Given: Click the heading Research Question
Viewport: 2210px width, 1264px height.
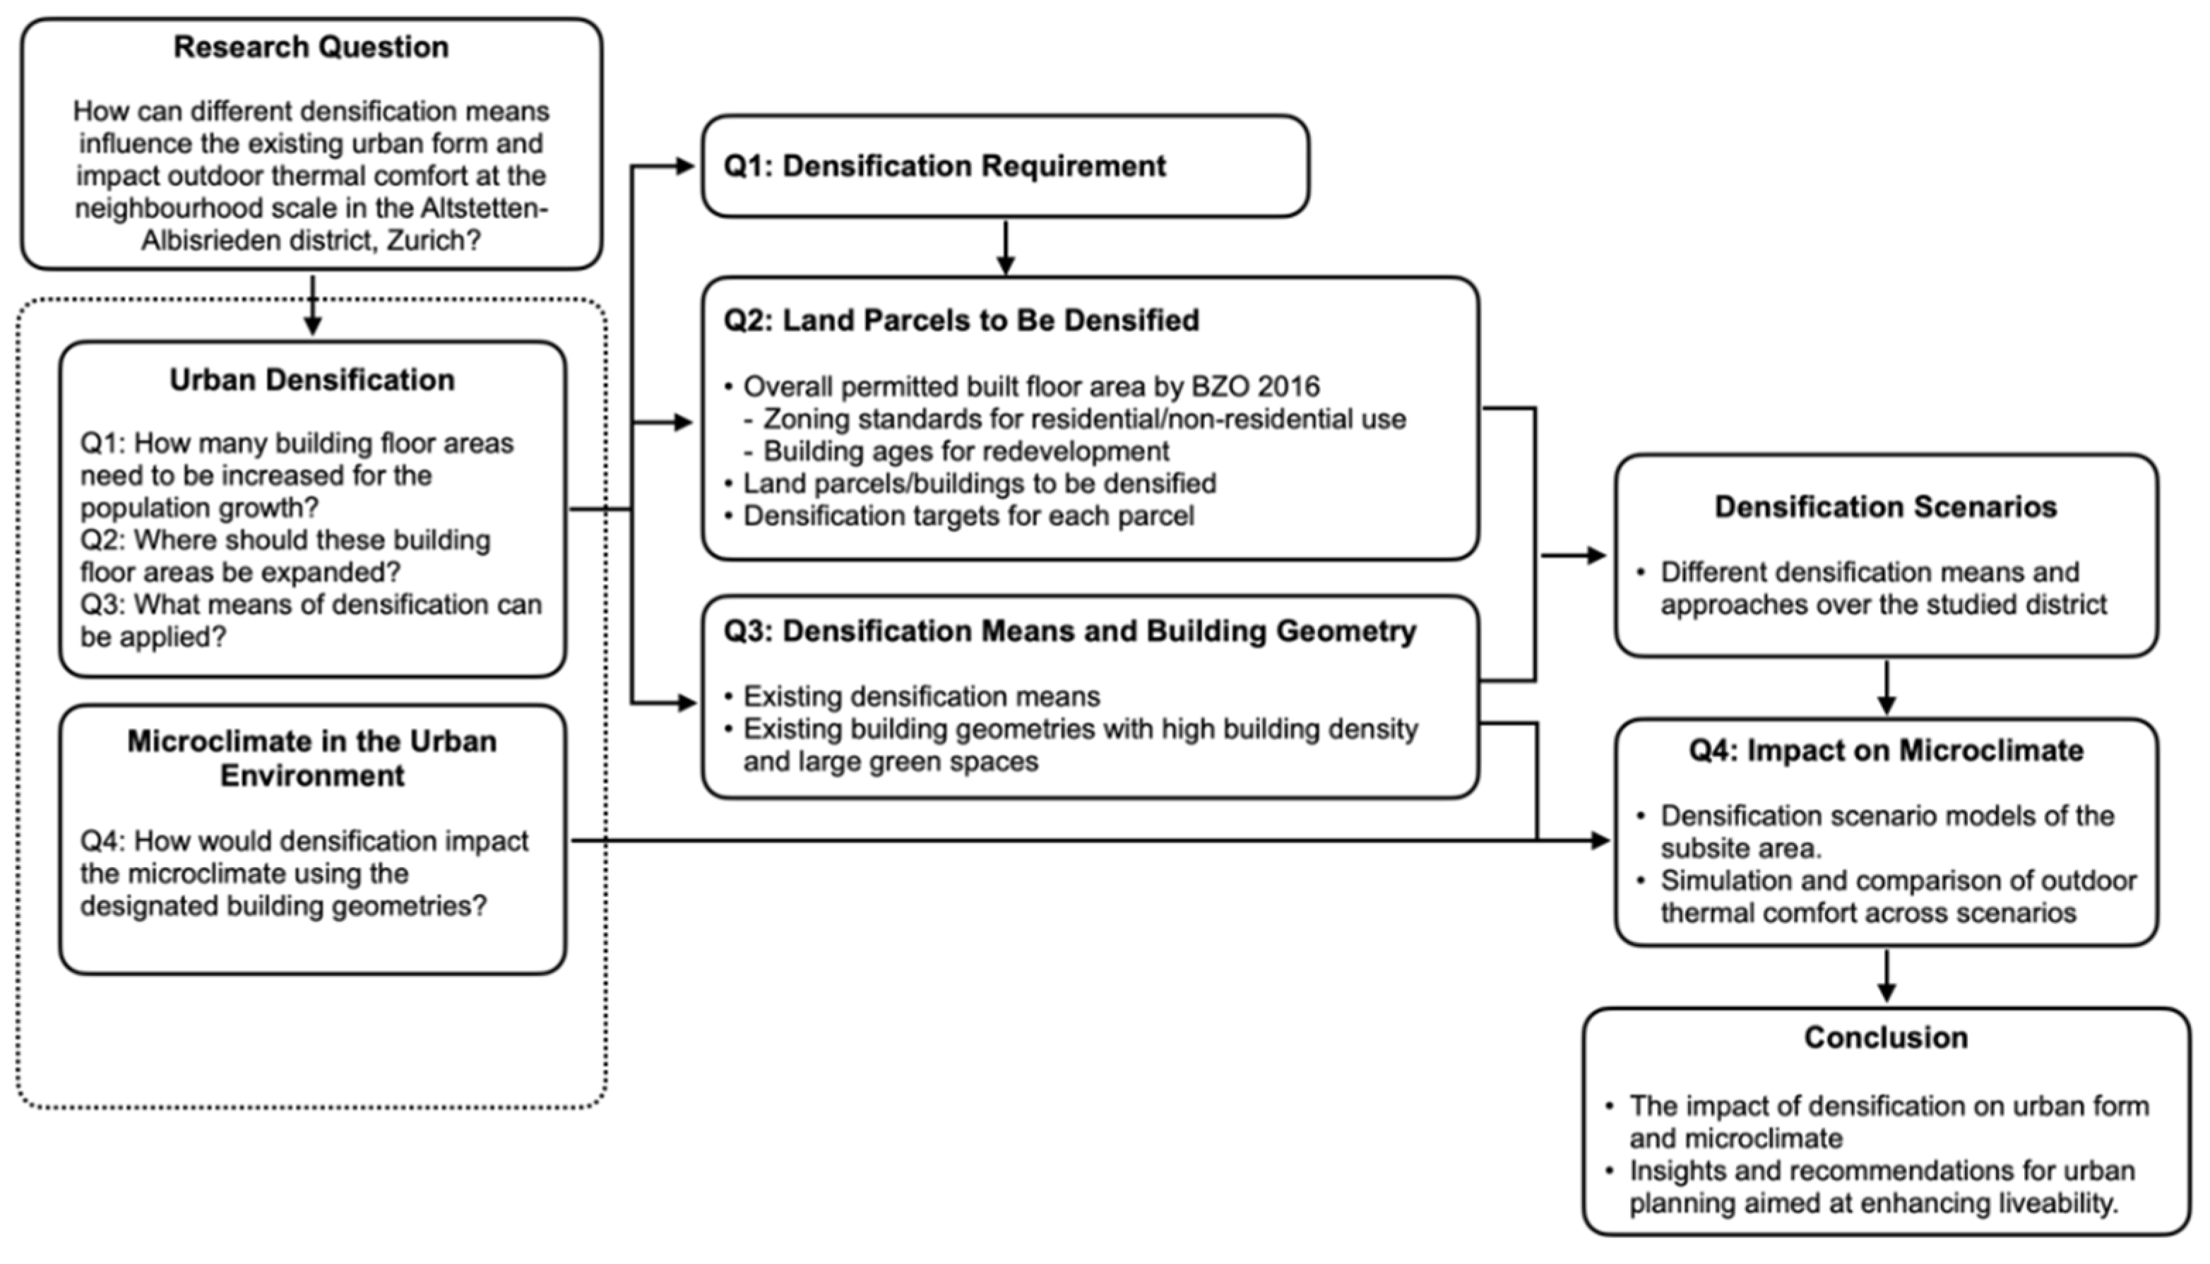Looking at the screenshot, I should pyautogui.click(x=311, y=47).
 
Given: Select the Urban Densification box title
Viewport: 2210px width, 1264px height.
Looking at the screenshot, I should pyautogui.click(x=311, y=379).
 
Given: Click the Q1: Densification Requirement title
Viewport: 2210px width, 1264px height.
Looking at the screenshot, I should pyautogui.click(x=944, y=166).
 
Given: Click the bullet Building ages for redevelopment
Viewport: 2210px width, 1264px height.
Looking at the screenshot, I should pyautogui.click(x=966, y=451).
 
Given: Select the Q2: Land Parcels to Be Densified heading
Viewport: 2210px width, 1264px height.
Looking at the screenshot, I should pyautogui.click(x=961, y=321).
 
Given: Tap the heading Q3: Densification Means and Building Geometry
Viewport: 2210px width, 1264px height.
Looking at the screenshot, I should pyautogui.click(x=1069, y=631).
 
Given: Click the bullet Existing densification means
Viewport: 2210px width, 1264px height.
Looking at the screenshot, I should pyautogui.click(x=921, y=696).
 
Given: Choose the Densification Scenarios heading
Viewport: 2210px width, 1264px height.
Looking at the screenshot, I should pyautogui.click(x=1885, y=507).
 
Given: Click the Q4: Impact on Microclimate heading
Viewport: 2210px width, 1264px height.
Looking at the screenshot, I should pyautogui.click(x=1885, y=750).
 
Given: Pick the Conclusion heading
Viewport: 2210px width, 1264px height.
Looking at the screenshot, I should pyautogui.click(x=1885, y=1037).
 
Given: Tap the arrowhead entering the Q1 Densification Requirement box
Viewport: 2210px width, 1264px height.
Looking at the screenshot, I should pyautogui.click(x=686, y=166).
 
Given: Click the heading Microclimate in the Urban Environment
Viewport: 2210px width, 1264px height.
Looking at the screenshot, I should pyautogui.click(x=311, y=758).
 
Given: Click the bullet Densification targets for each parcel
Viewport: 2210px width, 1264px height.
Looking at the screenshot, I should pyautogui.click(x=968, y=516).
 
